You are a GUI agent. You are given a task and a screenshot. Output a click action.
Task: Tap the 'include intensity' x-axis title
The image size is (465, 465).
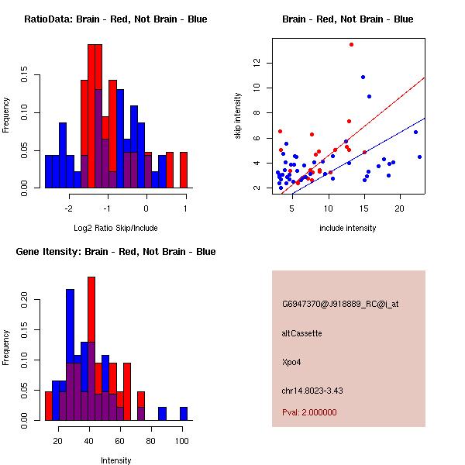coord(347,228)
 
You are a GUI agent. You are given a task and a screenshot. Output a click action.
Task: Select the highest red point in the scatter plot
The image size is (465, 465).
coord(351,44)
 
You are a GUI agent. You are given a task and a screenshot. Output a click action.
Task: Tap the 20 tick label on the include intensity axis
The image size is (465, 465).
coord(400,208)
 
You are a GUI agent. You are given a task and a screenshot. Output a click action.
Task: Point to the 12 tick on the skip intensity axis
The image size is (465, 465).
coord(258,63)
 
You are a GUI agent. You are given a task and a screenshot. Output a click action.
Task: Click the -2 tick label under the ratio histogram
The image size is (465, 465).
coord(68,208)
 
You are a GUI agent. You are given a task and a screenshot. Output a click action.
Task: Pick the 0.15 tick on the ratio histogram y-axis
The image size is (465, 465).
coord(26,77)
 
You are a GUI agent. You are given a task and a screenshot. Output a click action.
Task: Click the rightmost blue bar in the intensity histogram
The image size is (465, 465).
coord(184,413)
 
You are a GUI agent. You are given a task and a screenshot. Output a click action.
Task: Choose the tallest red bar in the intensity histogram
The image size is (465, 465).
coord(91,349)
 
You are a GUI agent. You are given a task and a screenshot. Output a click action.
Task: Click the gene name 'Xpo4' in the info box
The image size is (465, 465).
coord(291,361)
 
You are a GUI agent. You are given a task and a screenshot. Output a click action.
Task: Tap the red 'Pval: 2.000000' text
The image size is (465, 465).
coord(309,412)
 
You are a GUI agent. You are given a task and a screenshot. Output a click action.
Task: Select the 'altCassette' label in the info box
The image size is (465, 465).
coord(301,333)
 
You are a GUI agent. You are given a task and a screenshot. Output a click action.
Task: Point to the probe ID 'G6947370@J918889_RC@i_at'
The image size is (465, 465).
coord(339,305)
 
